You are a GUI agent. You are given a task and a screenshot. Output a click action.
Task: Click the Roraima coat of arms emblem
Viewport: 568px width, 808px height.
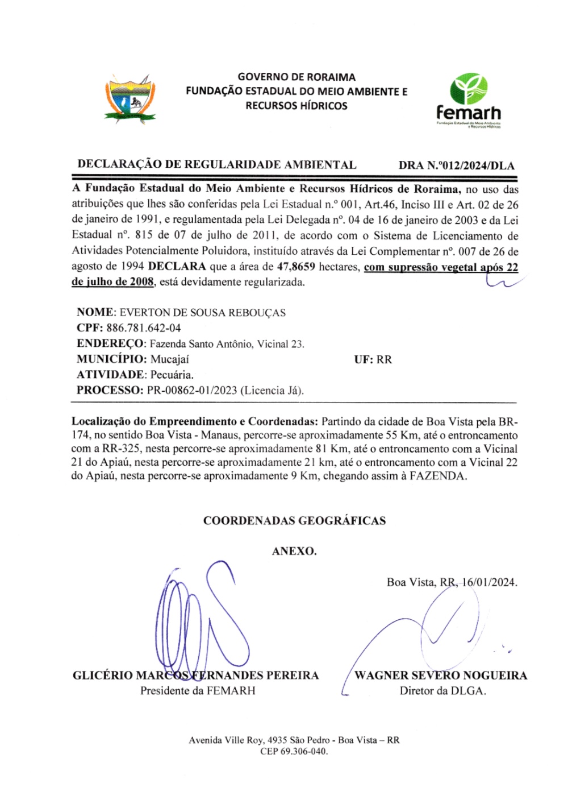(x=130, y=100)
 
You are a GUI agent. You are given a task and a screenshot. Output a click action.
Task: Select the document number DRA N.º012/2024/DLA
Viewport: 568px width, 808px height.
(x=456, y=165)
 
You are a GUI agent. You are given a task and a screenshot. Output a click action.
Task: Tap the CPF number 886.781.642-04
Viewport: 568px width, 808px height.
(x=143, y=328)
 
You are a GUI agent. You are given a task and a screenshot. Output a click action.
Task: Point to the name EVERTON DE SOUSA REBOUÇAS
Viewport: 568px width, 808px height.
(x=203, y=313)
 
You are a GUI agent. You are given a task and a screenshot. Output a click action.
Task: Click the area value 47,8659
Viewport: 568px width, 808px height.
(x=295, y=267)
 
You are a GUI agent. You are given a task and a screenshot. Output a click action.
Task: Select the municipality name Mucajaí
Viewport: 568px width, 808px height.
(x=169, y=359)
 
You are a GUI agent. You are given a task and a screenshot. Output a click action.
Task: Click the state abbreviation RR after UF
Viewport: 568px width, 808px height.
(x=384, y=359)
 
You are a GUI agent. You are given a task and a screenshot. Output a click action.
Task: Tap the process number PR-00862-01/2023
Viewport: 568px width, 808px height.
(x=192, y=391)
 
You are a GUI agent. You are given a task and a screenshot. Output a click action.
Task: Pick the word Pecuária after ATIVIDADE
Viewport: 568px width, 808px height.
(x=172, y=375)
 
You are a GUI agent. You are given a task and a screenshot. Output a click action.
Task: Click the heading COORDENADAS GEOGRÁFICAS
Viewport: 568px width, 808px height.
(x=294, y=521)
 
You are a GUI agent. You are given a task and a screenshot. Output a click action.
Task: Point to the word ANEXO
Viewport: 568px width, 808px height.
(x=294, y=551)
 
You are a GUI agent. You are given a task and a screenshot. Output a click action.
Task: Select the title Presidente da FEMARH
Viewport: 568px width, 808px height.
(x=198, y=691)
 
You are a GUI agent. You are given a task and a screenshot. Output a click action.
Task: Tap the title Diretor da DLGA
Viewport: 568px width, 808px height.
(x=442, y=691)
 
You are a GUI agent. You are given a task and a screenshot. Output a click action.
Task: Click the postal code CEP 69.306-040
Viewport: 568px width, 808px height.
(x=294, y=751)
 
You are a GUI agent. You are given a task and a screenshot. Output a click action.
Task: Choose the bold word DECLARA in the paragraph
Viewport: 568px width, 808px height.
(x=177, y=267)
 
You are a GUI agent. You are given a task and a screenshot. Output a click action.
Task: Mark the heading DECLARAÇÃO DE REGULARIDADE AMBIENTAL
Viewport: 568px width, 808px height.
(x=217, y=165)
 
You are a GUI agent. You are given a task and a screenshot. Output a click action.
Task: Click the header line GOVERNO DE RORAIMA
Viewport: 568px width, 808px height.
(x=296, y=77)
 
